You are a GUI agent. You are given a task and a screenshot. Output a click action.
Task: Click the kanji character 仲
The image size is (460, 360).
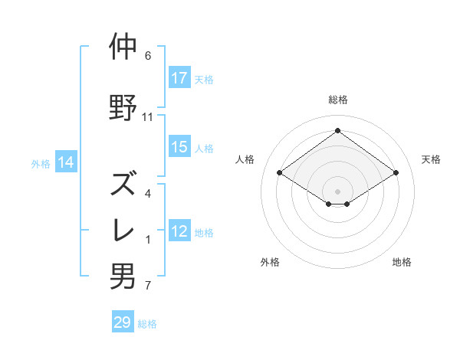coord(123,47)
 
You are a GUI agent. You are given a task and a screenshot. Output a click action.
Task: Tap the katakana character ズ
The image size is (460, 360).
coord(123,185)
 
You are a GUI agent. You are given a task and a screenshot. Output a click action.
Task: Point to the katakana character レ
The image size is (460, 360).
coord(123,231)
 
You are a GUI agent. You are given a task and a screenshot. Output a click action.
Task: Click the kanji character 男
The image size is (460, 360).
coord(123,277)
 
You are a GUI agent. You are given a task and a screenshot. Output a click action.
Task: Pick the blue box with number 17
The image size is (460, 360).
coord(179,78)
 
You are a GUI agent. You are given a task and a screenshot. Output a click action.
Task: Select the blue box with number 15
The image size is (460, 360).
coord(179,147)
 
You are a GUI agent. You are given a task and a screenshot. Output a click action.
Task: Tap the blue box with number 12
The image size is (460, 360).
coord(179,231)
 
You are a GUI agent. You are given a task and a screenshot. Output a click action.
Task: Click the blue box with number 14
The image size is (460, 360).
coord(66,162)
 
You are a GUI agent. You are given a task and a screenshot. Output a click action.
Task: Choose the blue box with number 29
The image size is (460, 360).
coord(123,322)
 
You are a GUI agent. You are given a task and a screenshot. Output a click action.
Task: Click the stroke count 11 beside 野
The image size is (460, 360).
coord(148,117)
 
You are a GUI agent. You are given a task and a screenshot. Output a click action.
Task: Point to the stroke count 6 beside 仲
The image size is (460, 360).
coord(148,56)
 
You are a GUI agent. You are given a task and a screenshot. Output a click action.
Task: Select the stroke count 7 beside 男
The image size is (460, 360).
coord(148,286)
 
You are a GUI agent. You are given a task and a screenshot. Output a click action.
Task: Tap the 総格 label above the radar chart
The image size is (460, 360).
coord(337,100)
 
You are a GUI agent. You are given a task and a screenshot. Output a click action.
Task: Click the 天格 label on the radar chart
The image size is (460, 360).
coord(432,159)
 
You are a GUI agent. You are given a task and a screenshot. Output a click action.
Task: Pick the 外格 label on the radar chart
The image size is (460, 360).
coord(270,262)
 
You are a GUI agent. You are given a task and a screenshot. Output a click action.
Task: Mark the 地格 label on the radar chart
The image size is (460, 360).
coord(402,262)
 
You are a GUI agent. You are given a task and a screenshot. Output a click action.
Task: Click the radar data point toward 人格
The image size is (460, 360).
coord(280,173)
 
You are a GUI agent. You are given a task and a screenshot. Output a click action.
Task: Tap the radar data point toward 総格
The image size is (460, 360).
coord(337,131)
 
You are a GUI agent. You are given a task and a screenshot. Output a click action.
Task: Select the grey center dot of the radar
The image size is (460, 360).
coord(337,191)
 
